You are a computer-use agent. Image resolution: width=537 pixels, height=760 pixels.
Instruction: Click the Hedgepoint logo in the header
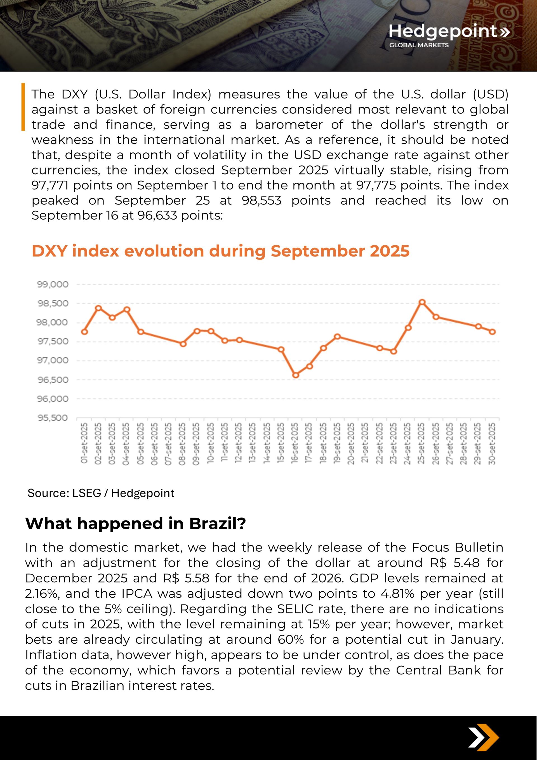[449, 35]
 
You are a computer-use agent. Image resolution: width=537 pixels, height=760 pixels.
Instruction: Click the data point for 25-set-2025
[422, 302]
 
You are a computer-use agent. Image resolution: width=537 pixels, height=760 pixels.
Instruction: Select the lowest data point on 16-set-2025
[296, 375]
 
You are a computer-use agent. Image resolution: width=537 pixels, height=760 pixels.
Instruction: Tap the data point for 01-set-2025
[84, 332]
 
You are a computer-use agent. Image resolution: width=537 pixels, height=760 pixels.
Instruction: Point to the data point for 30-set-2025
[492, 332]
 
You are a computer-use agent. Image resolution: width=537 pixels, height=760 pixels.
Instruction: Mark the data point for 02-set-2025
[98, 308]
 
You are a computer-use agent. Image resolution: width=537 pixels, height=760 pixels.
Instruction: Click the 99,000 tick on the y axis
[53, 284]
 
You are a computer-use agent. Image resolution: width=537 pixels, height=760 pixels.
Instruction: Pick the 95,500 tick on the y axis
[53, 418]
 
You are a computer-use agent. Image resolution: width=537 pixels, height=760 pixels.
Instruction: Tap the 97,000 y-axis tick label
[53, 361]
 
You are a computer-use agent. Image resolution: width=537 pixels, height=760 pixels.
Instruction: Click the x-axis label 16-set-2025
[295, 443]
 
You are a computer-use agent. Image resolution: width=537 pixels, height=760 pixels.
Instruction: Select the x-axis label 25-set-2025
[421, 443]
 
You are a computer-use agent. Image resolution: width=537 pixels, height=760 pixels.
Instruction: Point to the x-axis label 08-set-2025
[182, 443]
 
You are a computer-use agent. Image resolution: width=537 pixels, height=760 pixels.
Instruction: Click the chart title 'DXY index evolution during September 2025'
[220, 251]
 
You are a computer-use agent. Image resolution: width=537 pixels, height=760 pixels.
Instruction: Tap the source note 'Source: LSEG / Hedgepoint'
[101, 493]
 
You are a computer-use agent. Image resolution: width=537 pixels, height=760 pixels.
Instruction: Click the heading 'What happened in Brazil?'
[135, 524]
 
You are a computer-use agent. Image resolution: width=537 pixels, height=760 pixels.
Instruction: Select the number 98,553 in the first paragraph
[262, 200]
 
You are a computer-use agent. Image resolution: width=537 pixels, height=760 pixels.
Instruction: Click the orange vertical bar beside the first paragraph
[23, 107]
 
